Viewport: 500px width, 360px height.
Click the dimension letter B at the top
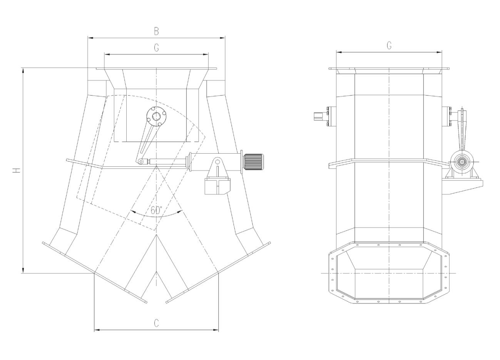tap(156, 31)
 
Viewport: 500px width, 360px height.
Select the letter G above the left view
tap(157, 48)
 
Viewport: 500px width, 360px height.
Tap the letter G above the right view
tap(389, 45)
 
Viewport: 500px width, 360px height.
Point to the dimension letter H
tap(17, 171)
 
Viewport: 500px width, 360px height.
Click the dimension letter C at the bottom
tap(157, 323)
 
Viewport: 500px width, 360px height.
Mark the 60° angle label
tap(156, 210)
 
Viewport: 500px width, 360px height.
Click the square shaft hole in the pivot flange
tap(156, 116)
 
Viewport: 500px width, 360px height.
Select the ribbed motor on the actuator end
tap(253, 162)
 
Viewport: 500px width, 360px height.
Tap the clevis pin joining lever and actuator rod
tap(140, 161)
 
